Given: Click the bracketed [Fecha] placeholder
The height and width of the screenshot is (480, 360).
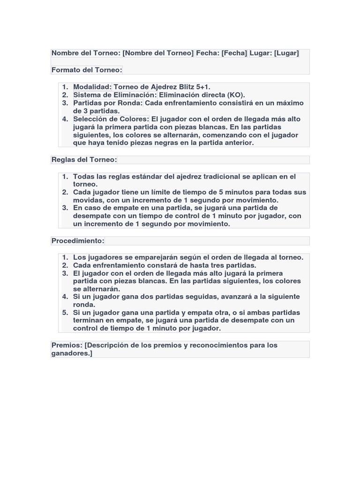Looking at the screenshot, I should (x=234, y=53).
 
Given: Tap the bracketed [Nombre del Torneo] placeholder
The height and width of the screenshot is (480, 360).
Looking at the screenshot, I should (x=158, y=53).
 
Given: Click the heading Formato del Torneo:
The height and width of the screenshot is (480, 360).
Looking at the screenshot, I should (x=87, y=70).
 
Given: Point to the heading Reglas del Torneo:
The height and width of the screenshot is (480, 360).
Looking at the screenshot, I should (x=84, y=159).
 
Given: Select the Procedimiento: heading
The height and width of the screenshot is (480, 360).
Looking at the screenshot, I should (x=78, y=240).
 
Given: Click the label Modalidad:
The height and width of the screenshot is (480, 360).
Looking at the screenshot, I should (x=92, y=87).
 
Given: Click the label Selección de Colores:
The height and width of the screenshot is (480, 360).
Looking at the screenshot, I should (x=111, y=119).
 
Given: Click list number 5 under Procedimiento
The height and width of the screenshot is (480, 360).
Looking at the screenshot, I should (x=65, y=313).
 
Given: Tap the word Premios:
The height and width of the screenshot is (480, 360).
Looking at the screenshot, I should (x=67, y=345).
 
